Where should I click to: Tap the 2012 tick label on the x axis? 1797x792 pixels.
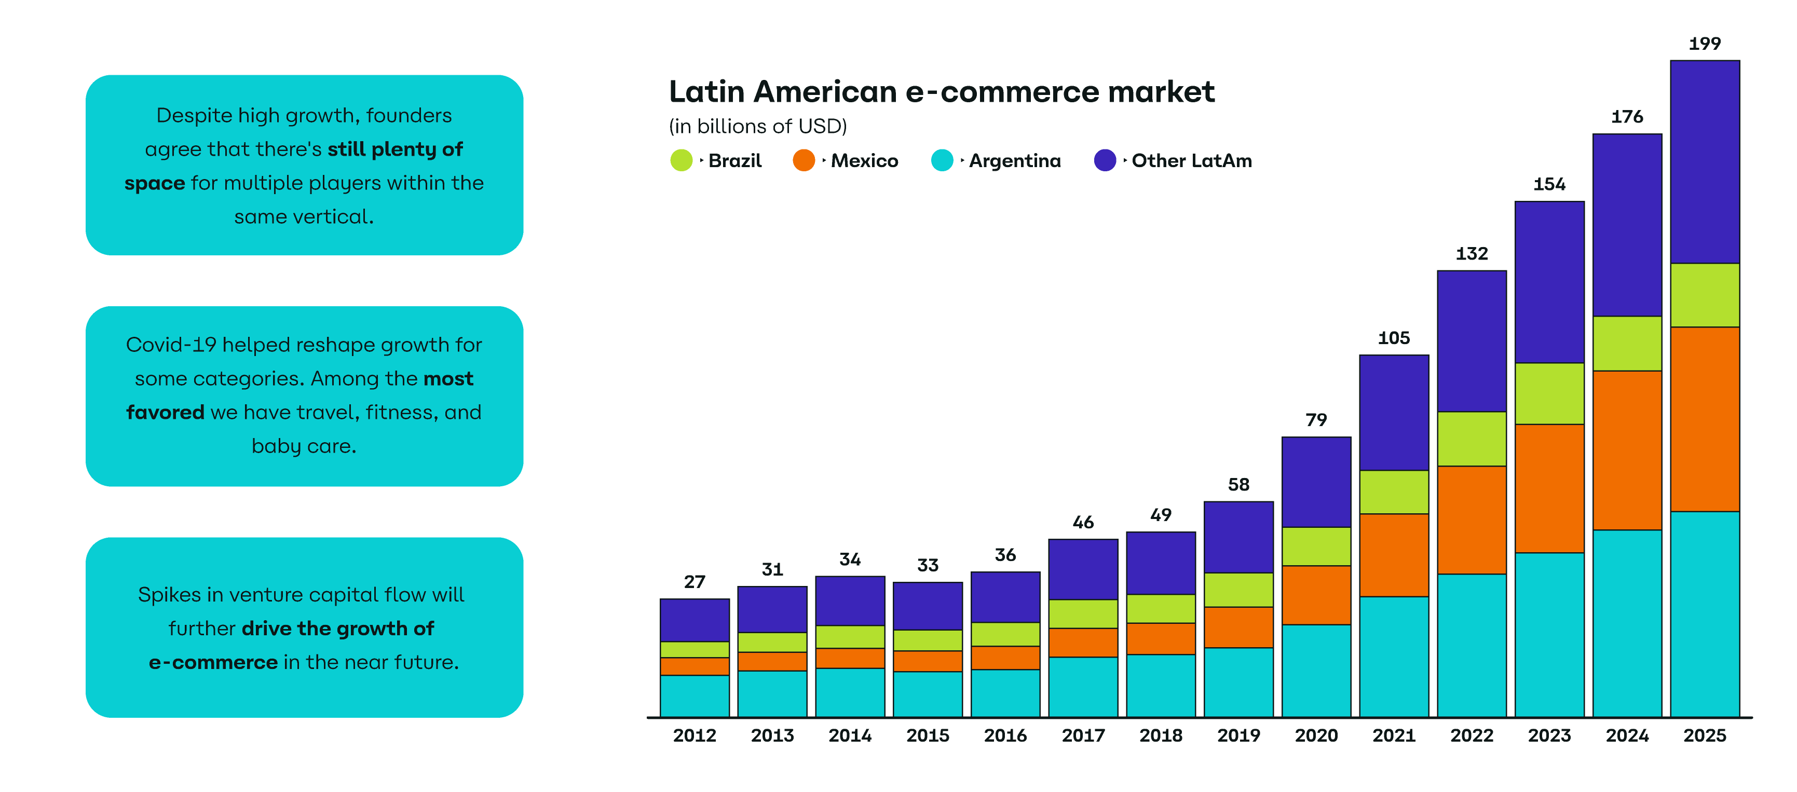(x=694, y=735)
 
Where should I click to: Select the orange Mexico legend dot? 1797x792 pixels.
(x=804, y=160)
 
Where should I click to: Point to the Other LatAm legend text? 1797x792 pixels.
(x=1191, y=160)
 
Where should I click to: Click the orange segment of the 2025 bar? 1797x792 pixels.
(x=1704, y=419)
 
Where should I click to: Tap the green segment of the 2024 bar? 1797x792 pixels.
(x=1627, y=343)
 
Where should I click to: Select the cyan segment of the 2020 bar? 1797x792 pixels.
(x=1316, y=670)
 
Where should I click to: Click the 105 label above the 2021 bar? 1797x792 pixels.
(x=1393, y=338)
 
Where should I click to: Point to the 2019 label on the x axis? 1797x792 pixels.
(x=1238, y=735)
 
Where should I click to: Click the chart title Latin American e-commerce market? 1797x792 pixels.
(x=941, y=92)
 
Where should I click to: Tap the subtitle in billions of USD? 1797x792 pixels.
(x=758, y=126)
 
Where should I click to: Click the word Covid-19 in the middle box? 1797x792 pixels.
(x=171, y=345)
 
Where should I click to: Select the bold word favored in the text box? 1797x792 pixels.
(x=166, y=413)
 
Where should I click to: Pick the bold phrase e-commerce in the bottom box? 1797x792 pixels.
(x=213, y=662)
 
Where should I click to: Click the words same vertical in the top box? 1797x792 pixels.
(x=304, y=217)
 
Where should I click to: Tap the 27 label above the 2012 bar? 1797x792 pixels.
(x=694, y=581)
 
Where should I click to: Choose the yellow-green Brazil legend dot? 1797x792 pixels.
(x=681, y=160)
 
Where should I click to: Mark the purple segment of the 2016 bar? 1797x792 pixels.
(x=1005, y=597)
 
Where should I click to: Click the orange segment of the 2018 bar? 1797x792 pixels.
(x=1160, y=638)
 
